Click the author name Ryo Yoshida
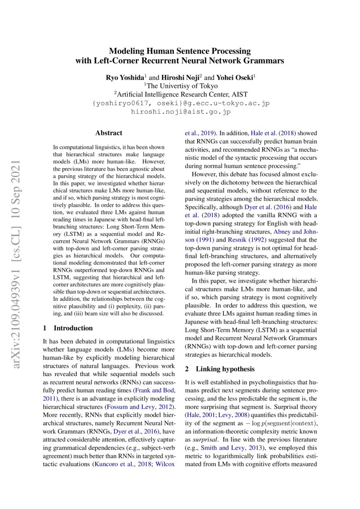124,78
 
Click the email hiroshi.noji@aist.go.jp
180,111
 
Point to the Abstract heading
109,133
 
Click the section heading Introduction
73,328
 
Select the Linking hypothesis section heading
225,369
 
